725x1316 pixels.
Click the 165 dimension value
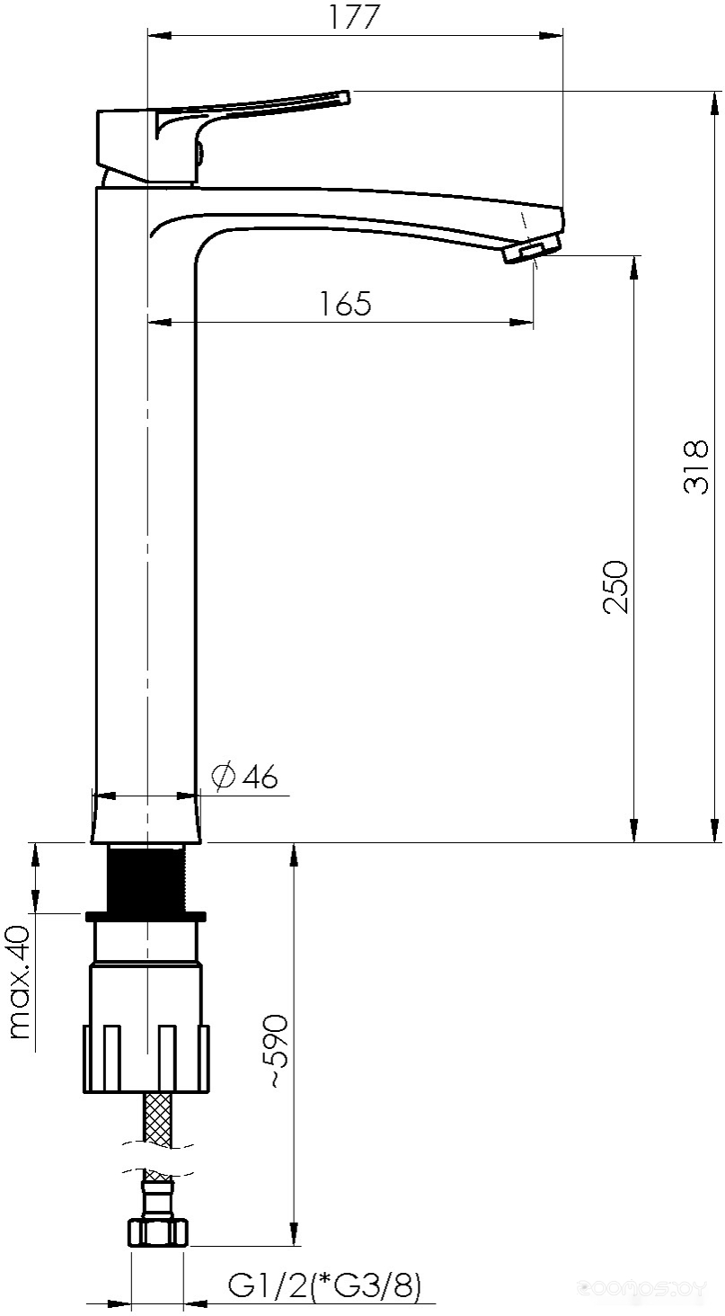pos(346,304)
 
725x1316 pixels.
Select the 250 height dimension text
pos(615,587)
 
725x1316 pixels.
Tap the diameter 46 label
pos(244,777)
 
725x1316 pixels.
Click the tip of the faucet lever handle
pos(347,97)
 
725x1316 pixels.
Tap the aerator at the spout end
pos(531,250)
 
